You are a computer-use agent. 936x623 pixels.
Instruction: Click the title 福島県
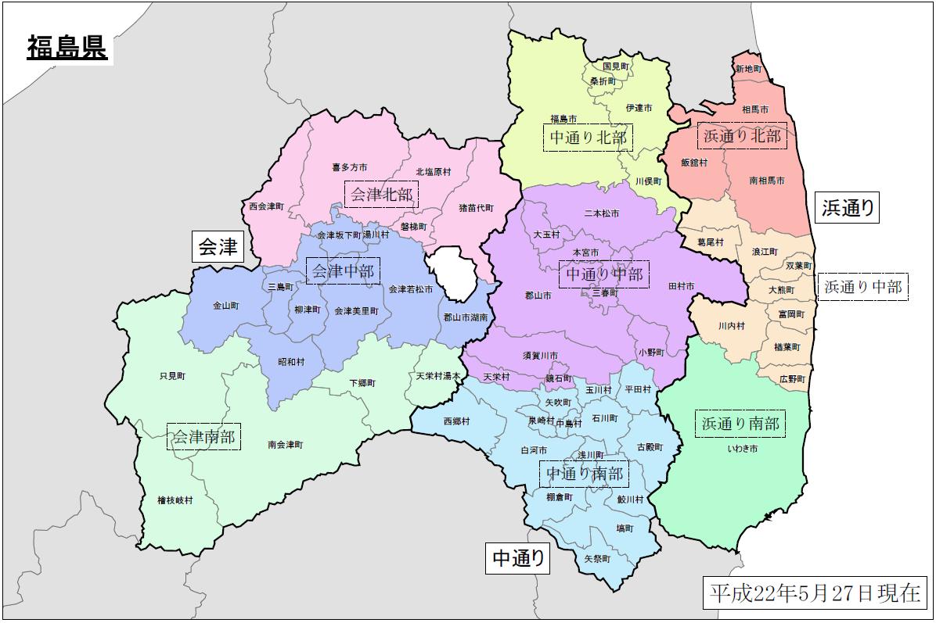pos(67,48)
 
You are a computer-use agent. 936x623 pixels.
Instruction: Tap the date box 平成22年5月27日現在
pos(814,593)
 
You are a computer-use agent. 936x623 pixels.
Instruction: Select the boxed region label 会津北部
pos(381,194)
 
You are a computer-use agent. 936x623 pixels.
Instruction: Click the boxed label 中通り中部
pos(604,275)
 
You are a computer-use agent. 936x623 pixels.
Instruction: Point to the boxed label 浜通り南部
pos(740,424)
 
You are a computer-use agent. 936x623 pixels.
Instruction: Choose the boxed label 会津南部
pos(203,437)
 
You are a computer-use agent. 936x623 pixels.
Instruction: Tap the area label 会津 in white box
pos(218,247)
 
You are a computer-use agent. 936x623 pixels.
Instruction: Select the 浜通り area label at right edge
pos(848,208)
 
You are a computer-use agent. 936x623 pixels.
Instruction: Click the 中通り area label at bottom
pos(517,558)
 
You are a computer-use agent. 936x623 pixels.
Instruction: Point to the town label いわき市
pos(742,449)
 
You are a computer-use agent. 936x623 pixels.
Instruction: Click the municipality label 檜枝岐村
pos(175,499)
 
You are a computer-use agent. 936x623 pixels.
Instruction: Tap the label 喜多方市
pos(349,167)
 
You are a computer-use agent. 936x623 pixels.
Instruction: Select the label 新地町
pos(748,70)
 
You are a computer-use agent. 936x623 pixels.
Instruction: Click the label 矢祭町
pos(597,559)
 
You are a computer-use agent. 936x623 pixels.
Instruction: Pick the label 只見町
pos(172,376)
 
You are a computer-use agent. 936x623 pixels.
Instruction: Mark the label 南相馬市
pos(766,181)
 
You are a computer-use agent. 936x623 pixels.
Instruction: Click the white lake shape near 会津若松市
pos(452,272)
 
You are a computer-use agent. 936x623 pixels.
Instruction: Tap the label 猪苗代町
pos(476,208)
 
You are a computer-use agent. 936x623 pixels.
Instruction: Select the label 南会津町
pos(285,444)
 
